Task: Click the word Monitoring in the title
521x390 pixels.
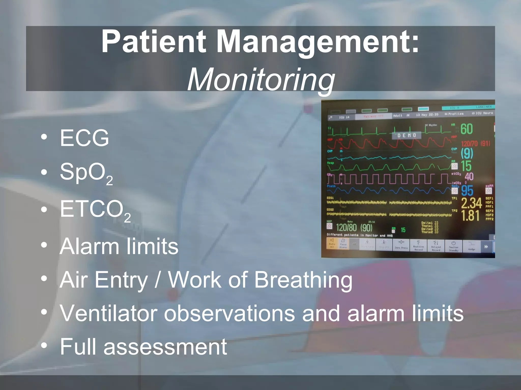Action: pyautogui.click(x=261, y=79)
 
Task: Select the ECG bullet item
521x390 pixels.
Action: pyautogui.click(x=84, y=138)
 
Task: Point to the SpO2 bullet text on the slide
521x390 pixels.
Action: pyautogui.click(x=86, y=173)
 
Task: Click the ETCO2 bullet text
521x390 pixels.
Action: pyautogui.click(x=95, y=210)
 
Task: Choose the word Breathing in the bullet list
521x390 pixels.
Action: pyautogui.click(x=303, y=280)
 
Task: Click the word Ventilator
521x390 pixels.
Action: pyautogui.click(x=108, y=313)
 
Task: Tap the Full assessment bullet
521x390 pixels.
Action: pyautogui.click(x=143, y=347)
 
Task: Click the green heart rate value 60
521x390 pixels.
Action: pyautogui.click(x=467, y=129)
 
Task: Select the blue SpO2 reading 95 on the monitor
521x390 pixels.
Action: pyautogui.click(x=467, y=191)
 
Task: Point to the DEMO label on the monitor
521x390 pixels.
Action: pyautogui.click(x=407, y=135)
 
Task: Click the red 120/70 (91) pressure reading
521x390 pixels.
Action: pyautogui.click(x=475, y=144)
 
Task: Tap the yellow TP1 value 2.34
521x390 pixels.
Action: pyautogui.click(x=471, y=203)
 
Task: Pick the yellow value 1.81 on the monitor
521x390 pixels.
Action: pyautogui.click(x=470, y=215)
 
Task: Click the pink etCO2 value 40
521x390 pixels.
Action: pyautogui.click(x=469, y=176)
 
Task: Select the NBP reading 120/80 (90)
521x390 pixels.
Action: pyautogui.click(x=354, y=227)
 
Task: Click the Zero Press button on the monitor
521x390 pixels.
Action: pyautogui.click(x=401, y=245)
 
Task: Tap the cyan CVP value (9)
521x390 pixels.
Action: pyautogui.click(x=467, y=153)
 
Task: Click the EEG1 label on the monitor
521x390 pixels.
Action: pyautogui.click(x=330, y=198)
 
